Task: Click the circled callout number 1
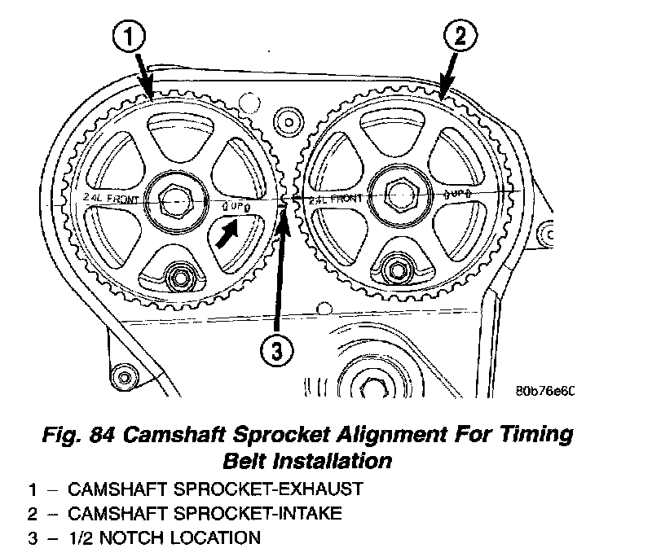click(x=131, y=37)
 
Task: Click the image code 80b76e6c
click(x=545, y=390)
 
